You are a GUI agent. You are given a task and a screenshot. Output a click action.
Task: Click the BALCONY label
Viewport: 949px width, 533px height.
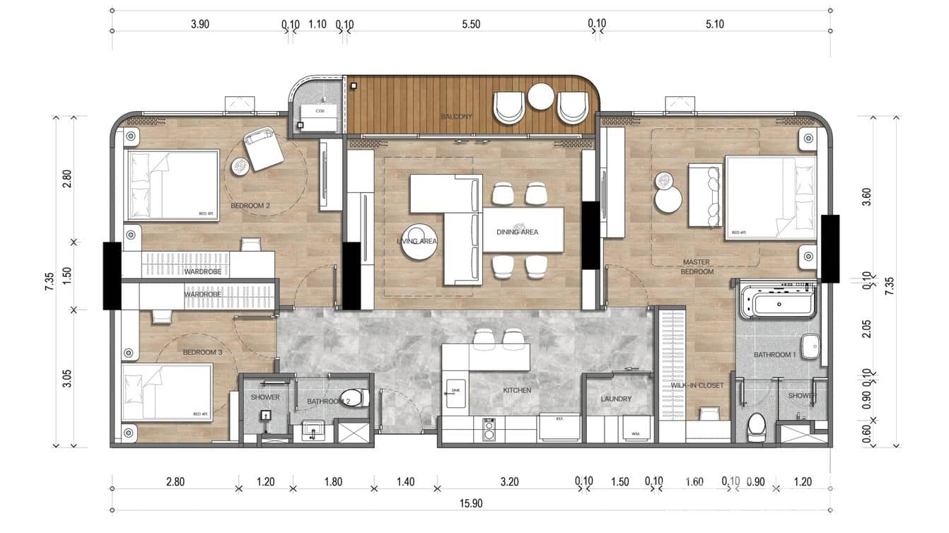[456, 117]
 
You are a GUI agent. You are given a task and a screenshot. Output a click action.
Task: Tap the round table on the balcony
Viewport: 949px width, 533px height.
[541, 97]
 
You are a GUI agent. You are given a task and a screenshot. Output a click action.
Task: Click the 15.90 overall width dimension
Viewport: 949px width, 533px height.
[470, 503]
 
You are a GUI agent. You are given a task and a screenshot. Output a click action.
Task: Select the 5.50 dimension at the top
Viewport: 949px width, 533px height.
[471, 24]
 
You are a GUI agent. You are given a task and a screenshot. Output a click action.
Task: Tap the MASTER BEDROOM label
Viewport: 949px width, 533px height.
[697, 266]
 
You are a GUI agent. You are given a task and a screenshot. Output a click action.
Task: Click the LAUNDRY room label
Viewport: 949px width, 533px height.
[616, 399]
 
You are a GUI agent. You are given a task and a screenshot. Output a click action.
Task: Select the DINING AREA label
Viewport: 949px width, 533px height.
[517, 231]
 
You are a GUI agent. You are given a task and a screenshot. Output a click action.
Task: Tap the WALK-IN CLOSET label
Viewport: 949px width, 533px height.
[697, 385]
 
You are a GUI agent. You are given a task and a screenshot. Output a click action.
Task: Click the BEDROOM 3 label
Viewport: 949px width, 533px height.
[202, 352]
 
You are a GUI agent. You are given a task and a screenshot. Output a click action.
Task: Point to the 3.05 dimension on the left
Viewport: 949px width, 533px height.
[67, 378]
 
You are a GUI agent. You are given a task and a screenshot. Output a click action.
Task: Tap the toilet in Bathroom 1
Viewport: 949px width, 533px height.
[757, 427]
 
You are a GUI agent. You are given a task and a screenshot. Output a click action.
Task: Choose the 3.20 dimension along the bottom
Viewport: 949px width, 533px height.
[509, 482]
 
